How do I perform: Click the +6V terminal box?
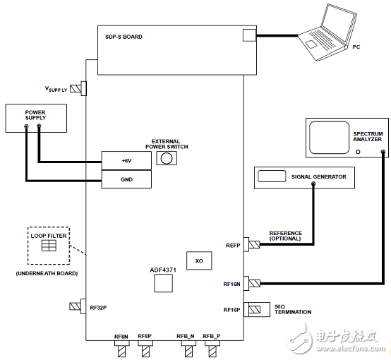pyautogui.click(x=126, y=161)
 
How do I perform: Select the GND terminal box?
pyautogui.click(x=126, y=179)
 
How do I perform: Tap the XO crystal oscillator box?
pyautogui.click(x=199, y=260)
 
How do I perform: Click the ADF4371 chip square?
pyautogui.click(x=163, y=283)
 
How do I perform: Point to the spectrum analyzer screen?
pyautogui.click(x=329, y=138)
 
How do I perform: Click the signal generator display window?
pyautogui.click(x=272, y=176)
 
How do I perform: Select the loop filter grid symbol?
pyautogui.click(x=49, y=246)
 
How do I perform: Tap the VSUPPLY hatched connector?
pyautogui.click(x=76, y=88)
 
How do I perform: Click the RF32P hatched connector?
pyautogui.click(x=75, y=306)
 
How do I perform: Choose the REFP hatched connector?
pyautogui.click(x=254, y=244)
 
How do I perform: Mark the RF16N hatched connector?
pyautogui.click(x=255, y=283)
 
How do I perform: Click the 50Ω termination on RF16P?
pyautogui.click(x=257, y=310)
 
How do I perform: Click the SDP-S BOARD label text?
pyautogui.click(x=124, y=37)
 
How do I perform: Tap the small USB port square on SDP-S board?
pyautogui.click(x=249, y=35)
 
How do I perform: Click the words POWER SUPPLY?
pyautogui.click(x=35, y=115)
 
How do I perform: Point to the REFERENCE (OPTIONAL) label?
pyautogui.click(x=286, y=236)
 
